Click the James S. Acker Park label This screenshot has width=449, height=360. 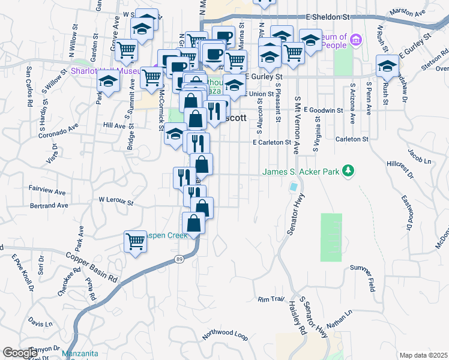coord(300,172)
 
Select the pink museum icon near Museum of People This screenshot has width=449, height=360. coord(356,40)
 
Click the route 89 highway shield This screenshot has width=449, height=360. coord(179,258)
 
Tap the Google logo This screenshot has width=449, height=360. coord(20,353)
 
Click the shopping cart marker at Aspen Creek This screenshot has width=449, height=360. coord(136,242)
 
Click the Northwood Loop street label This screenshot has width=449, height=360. coord(225,334)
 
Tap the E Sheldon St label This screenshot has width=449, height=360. coord(328,17)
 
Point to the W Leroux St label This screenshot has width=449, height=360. coord(116,200)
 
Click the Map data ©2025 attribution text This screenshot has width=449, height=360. coord(423,355)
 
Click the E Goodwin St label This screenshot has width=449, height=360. coord(323,110)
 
